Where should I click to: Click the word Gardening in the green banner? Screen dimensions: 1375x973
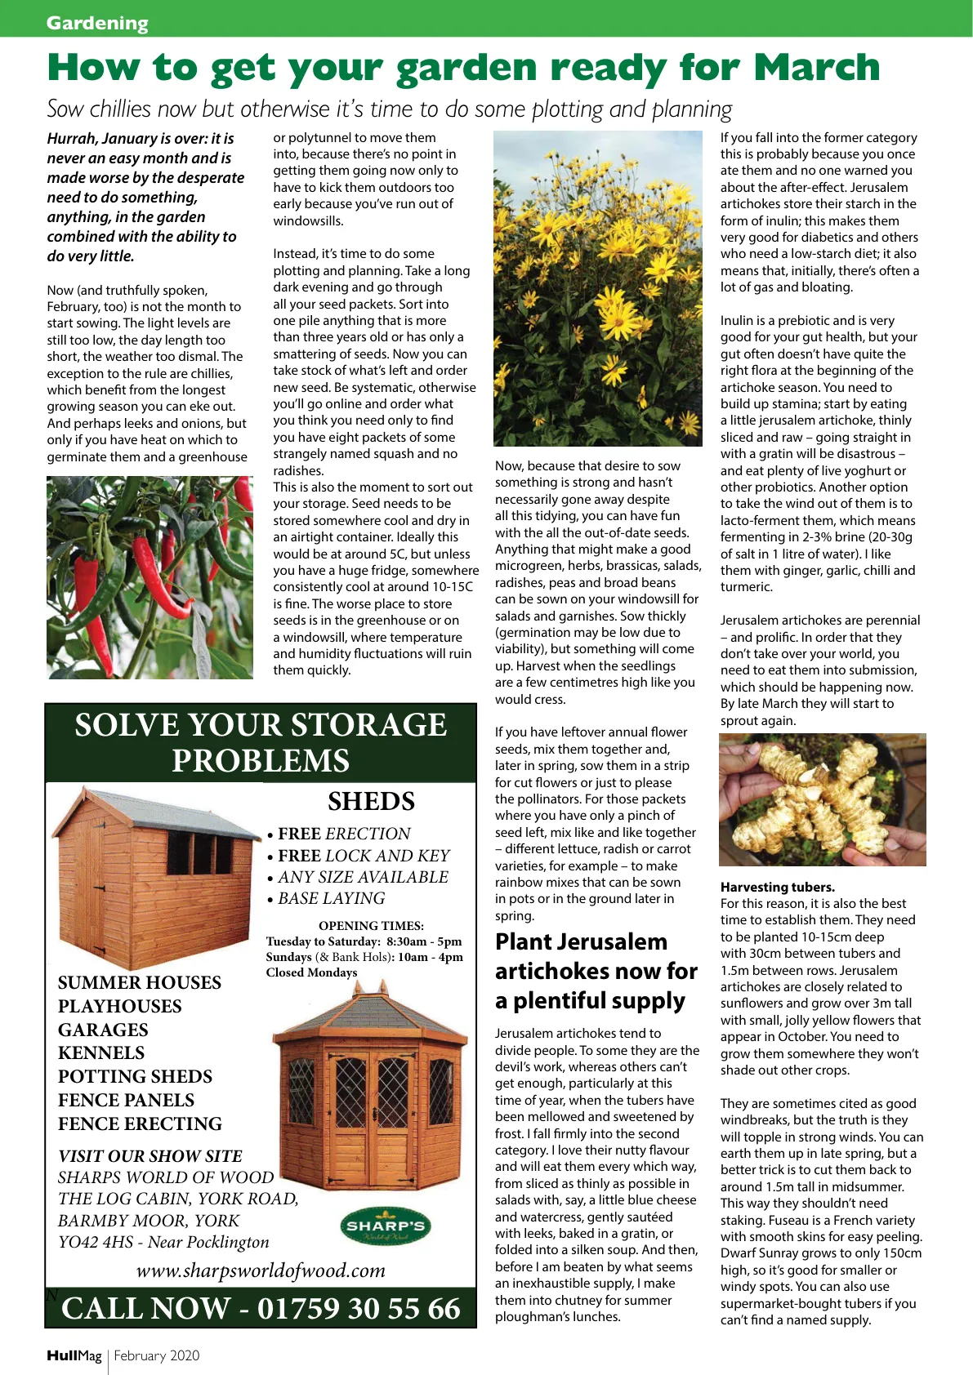(97, 23)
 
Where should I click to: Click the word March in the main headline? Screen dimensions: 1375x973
(816, 68)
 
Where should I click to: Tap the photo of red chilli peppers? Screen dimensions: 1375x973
(150, 577)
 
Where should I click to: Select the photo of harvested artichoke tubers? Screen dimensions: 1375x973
(822, 799)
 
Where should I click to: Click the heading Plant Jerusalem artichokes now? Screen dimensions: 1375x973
(596, 971)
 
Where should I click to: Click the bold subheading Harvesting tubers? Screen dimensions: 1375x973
(777, 887)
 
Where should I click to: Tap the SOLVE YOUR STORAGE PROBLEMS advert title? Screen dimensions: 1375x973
(261, 742)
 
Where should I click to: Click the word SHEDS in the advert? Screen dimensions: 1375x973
(371, 802)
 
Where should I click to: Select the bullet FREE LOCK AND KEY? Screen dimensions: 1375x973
(364, 856)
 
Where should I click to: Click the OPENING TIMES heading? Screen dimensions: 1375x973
(371, 926)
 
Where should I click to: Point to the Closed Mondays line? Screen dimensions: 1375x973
(311, 972)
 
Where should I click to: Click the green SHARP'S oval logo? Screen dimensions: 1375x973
(385, 1226)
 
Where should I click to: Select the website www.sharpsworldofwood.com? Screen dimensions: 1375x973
(261, 1270)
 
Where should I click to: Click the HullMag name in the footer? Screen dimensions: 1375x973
(74, 1355)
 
